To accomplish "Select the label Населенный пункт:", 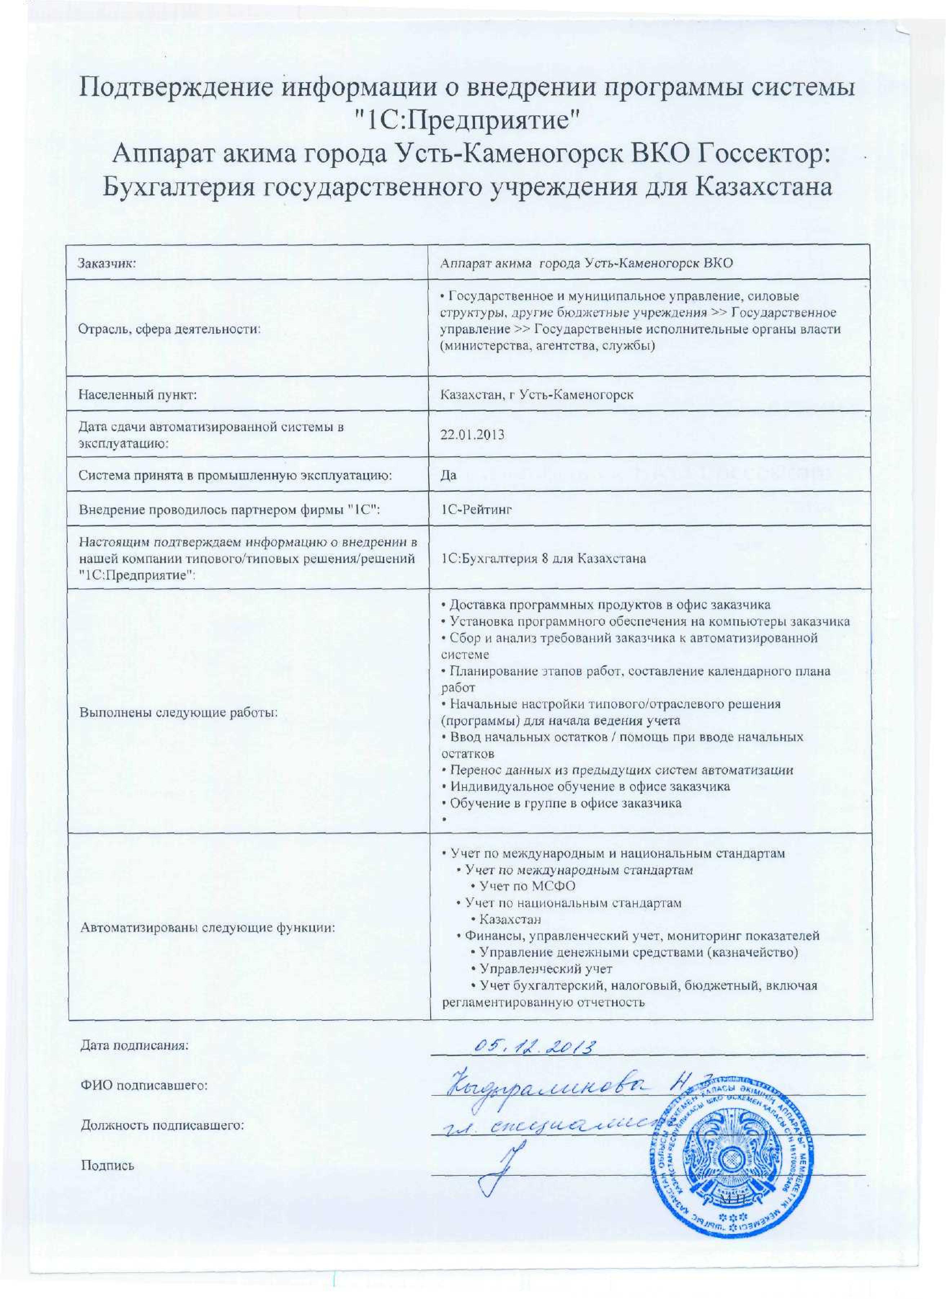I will [x=137, y=395].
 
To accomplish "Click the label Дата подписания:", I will [x=134, y=1046].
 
